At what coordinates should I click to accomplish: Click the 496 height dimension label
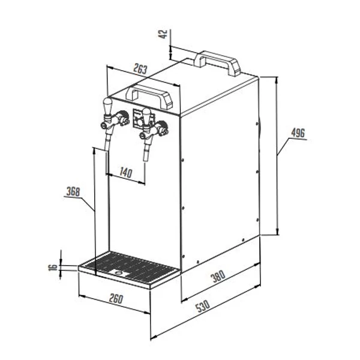[298, 133]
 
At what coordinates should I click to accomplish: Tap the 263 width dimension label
[140, 69]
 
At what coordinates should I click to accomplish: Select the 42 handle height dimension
[163, 34]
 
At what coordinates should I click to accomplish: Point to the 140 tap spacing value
[126, 172]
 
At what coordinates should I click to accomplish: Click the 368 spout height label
[73, 191]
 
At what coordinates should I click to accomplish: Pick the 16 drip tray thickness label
[53, 267]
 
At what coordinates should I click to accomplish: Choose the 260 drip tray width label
[116, 299]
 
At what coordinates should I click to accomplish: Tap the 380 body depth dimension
[218, 276]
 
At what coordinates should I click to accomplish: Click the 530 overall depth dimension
[203, 306]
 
